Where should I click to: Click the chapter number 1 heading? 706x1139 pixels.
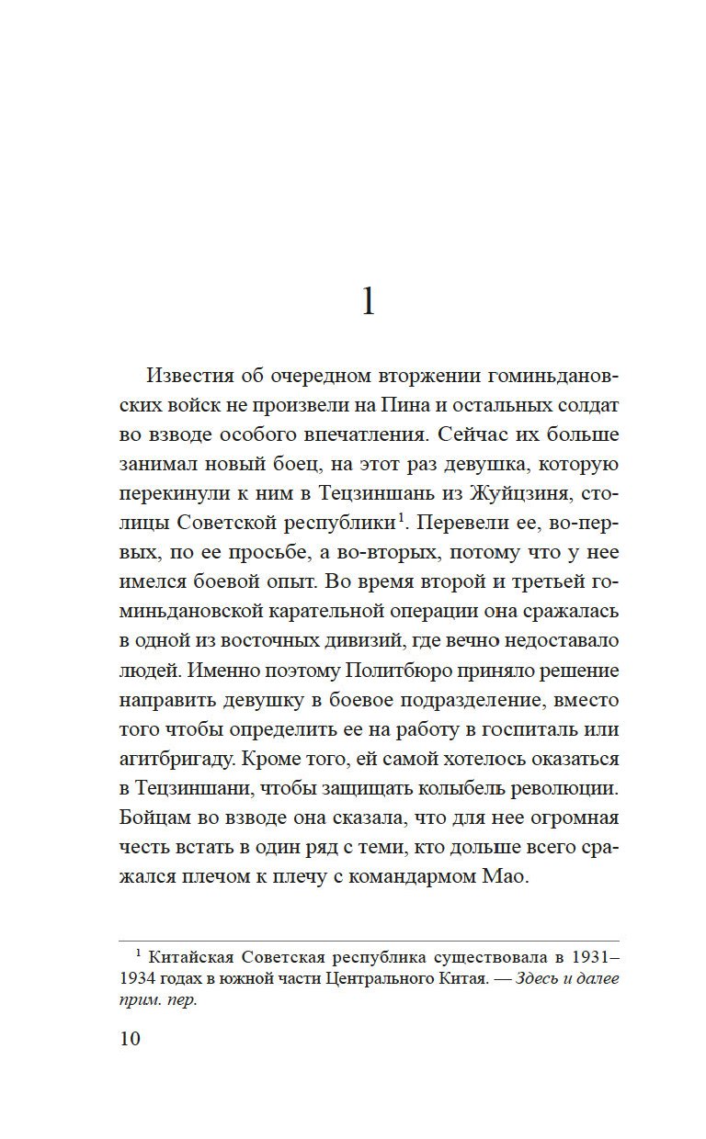click(368, 301)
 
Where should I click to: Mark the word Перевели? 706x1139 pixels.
click(459, 523)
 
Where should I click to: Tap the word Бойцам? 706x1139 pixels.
click(152, 818)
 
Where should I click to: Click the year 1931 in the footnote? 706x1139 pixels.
click(586, 955)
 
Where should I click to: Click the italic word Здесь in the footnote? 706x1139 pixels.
click(542, 978)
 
